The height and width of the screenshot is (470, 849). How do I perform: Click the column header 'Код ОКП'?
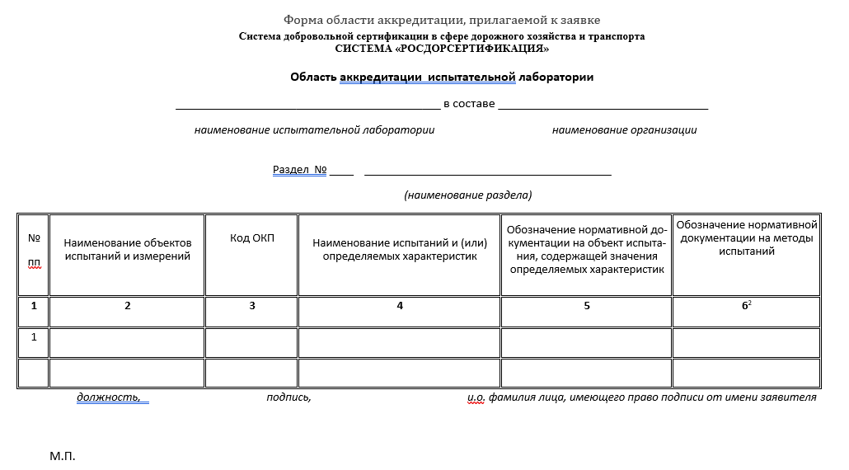point(252,238)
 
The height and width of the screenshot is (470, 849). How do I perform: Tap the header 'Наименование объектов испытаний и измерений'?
point(127,249)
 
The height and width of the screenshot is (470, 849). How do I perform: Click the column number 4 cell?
point(400,306)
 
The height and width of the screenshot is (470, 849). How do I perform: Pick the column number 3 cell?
point(252,306)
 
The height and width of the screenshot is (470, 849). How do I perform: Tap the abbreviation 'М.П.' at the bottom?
point(63,456)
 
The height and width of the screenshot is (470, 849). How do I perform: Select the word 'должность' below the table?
point(108,397)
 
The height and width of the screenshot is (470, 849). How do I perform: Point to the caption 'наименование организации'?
point(624,129)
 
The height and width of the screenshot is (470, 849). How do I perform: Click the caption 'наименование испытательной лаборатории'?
point(314,129)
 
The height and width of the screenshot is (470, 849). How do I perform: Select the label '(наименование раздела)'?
point(467,195)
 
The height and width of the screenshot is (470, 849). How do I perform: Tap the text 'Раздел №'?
point(300,170)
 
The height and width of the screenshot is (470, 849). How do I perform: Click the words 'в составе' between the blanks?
point(469,104)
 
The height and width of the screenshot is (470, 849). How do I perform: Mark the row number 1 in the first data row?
point(34,337)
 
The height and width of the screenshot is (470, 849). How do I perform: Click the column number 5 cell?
point(587,306)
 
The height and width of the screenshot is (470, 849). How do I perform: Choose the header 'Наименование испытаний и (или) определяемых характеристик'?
point(400,249)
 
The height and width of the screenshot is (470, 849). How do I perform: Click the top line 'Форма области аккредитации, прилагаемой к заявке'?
point(442,20)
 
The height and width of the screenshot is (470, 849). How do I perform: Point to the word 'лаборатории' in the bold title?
point(556,78)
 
